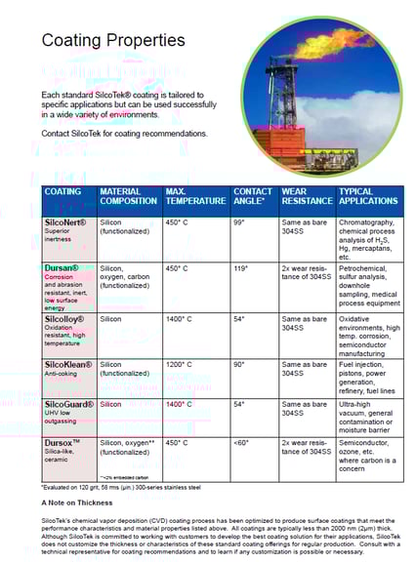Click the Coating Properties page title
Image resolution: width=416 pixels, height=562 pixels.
[112, 41]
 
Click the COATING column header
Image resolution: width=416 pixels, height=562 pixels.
[63, 191]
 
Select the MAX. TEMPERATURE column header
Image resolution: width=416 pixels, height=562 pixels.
[195, 196]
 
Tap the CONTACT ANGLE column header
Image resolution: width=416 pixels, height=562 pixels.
[253, 196]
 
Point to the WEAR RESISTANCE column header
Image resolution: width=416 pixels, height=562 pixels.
[305, 196]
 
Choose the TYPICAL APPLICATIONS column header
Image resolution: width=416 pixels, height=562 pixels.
[368, 196]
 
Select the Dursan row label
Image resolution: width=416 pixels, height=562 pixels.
[62, 267]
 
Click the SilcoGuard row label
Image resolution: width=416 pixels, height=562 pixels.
[69, 403]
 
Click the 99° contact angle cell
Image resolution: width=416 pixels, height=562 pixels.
[238, 222]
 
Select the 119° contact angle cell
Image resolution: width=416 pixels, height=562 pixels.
[240, 267]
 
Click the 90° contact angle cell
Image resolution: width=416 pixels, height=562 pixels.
[238, 364]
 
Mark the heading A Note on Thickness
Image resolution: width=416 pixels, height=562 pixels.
[78, 502]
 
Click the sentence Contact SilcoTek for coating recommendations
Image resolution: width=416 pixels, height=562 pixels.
[125, 134]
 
